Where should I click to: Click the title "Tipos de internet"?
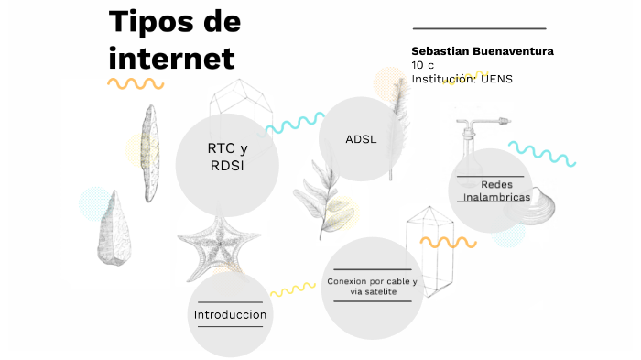tap(174, 39)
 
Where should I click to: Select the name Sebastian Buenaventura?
tap(483, 50)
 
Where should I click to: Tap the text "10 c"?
tap(423, 65)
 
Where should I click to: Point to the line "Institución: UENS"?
tap(462, 79)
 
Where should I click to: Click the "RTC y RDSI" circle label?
tap(227, 157)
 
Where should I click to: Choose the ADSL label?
tap(360, 139)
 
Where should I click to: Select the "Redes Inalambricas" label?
tap(495, 191)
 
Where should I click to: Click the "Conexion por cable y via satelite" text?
tap(372, 287)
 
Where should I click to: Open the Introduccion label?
tap(230, 315)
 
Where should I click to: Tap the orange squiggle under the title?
tap(136, 83)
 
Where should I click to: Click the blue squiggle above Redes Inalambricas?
tap(541, 153)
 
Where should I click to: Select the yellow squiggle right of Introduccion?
tap(293, 289)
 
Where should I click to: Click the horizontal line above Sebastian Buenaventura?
tap(479, 28)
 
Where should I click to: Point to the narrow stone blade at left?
tap(148, 151)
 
